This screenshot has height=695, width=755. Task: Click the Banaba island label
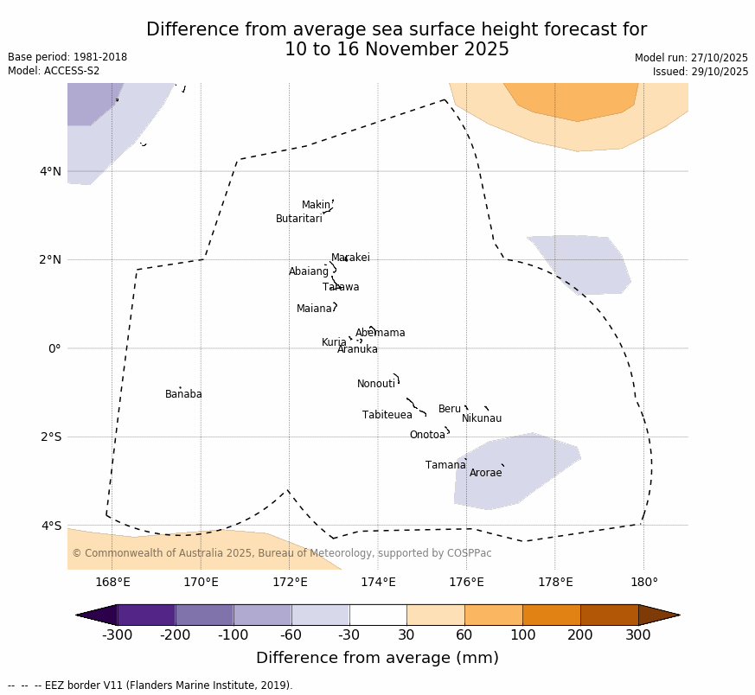[183, 394]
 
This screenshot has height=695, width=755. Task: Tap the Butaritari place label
[298, 219]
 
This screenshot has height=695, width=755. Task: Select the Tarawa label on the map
[341, 287]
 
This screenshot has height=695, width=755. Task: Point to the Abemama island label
[380, 333]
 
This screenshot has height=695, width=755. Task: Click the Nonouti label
[376, 384]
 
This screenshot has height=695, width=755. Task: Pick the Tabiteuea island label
[387, 415]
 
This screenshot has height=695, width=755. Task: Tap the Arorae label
[485, 473]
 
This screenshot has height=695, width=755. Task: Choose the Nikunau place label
[481, 418]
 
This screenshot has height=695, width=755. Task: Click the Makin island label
[316, 205]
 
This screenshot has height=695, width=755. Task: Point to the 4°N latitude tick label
[50, 171]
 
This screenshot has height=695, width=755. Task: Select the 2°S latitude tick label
[50, 437]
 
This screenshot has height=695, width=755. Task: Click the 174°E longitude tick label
[378, 582]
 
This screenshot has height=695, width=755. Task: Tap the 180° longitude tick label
[643, 582]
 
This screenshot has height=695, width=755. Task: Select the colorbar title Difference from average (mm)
[377, 658]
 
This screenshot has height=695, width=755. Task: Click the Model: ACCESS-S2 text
[54, 71]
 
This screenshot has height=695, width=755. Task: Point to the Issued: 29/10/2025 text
[700, 72]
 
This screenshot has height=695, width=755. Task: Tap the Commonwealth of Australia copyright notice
[281, 553]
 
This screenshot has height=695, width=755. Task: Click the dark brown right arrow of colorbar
[659, 615]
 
